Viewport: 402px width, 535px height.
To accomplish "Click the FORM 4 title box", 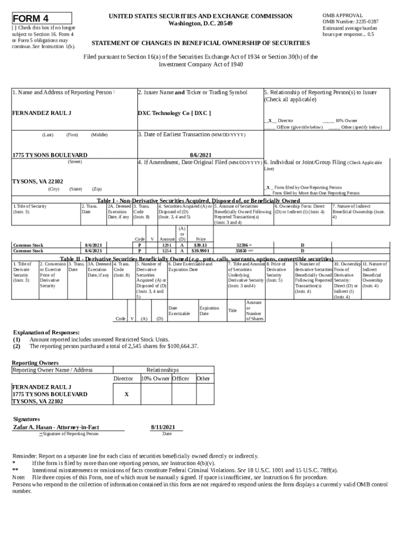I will pos(42,17).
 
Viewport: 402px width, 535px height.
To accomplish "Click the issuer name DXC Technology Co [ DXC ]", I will pos(174,113).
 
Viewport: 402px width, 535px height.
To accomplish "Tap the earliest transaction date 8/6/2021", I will pos(200,155).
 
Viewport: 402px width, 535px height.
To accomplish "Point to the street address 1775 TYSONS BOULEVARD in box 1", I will pos(50,155).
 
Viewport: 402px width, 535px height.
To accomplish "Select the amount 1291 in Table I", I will pos(167,245).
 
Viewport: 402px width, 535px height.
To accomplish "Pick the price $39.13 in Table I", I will pos(200,245).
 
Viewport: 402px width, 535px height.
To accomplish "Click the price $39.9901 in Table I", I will pos(200,251).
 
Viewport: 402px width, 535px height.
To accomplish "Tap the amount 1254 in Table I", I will pos(167,251).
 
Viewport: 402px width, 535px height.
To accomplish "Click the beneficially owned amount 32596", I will pos(242,245).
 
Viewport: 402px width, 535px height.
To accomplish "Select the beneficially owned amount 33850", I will pos(242,251).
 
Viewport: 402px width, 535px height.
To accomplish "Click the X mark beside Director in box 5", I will pos(270,120).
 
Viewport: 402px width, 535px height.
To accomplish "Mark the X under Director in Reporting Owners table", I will pos(126,394).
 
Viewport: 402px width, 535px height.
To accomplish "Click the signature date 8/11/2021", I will pos(162,426).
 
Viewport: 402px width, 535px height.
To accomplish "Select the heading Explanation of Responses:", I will pos(46,332).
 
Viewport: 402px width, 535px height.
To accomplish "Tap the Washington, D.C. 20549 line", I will pos(200,24).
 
